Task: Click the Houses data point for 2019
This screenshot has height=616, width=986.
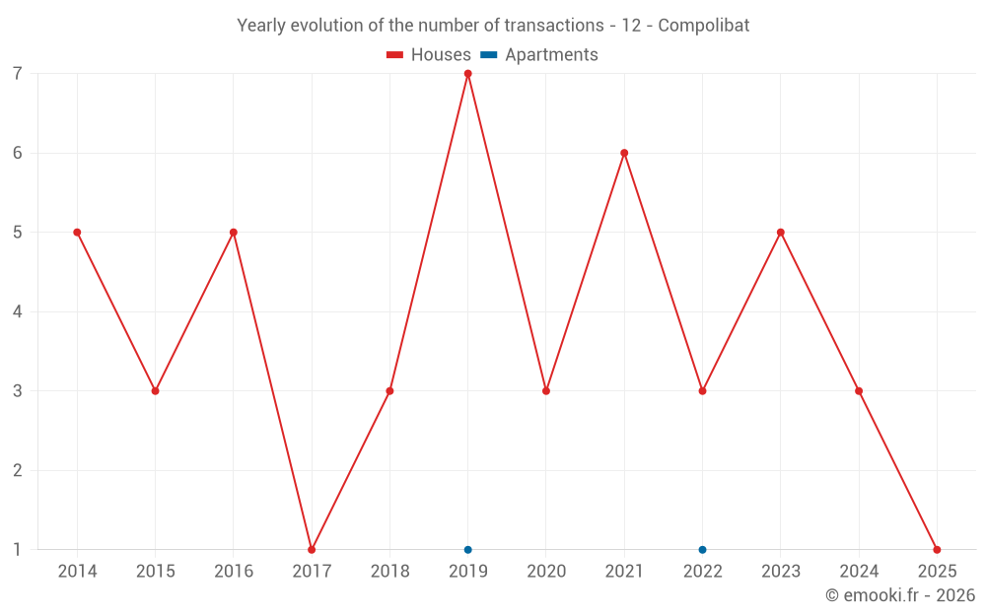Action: [x=467, y=74]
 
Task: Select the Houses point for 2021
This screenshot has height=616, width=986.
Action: [x=624, y=153]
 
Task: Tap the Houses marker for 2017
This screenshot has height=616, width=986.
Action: [x=312, y=549]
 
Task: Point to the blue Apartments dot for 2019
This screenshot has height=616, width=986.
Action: [x=467, y=549]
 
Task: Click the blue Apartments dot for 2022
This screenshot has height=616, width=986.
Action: [x=702, y=549]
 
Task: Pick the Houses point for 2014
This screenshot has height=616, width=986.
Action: [x=77, y=233]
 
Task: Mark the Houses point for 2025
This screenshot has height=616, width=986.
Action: [x=937, y=549]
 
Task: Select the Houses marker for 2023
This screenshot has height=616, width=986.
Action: [x=780, y=233]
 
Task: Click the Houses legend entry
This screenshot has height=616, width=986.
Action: [x=429, y=55]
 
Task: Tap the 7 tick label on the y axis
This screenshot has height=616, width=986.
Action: [x=18, y=74]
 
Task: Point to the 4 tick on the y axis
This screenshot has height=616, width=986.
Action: [x=18, y=311]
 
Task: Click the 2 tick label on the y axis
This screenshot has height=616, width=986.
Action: [x=18, y=470]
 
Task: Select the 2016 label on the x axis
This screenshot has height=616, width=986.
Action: [x=234, y=572]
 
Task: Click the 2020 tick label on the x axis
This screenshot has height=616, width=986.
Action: [x=546, y=572]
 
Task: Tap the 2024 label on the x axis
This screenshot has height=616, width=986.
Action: [x=859, y=572]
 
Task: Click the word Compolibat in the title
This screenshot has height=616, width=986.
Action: [x=703, y=26]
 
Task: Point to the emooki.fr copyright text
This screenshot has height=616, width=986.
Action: [x=900, y=595]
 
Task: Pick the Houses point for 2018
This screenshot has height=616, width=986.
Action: [x=389, y=391]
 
